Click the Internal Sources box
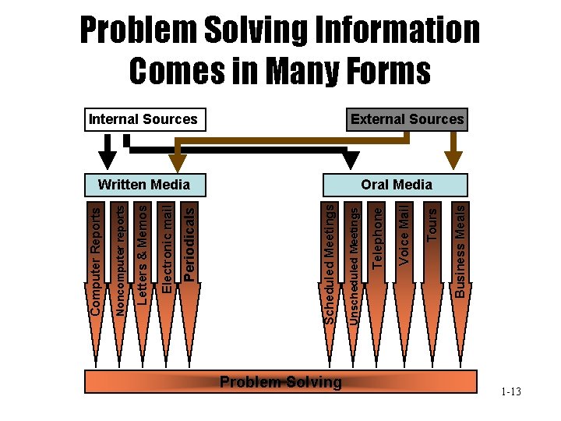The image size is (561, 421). pos(143,119)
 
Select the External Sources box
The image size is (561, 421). pos(408,119)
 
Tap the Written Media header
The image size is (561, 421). pos(143,185)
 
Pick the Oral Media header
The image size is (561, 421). pos(397,185)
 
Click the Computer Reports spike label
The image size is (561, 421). pos(95,260)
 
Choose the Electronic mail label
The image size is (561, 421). pos(167,248)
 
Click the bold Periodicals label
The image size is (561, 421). pos(190,242)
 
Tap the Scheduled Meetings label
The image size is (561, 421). pos(330,264)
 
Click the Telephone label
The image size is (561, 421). pos(378,235)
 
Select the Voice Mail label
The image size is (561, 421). pos(404,233)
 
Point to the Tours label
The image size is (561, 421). pos(429,223)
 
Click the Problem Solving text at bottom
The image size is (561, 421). pos(280,382)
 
